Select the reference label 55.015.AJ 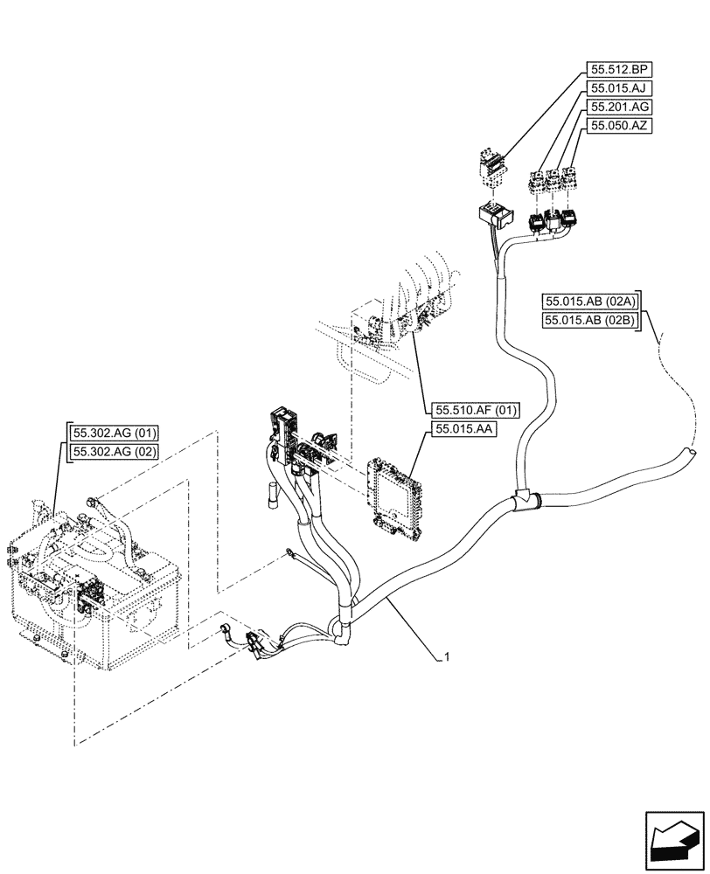point(620,88)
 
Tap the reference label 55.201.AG point(621,107)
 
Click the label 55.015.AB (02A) point(592,302)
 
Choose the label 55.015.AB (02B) point(592,321)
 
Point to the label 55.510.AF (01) point(477,409)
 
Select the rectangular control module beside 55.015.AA point(394,494)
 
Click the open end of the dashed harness point(689,453)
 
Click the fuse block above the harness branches point(284,433)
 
